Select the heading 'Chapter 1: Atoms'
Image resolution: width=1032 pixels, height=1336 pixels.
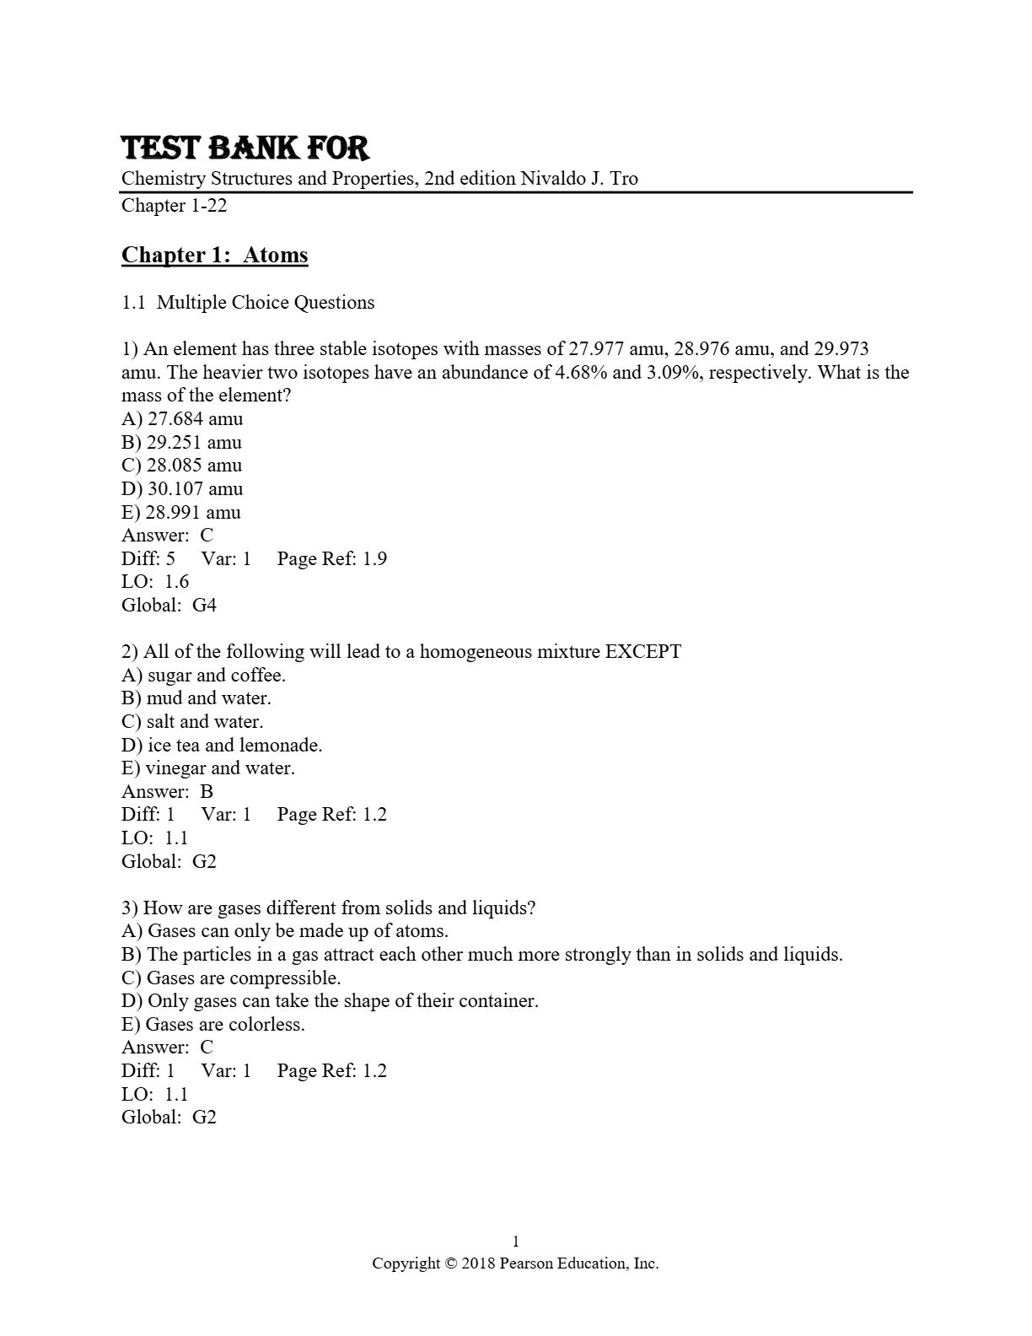[215, 255]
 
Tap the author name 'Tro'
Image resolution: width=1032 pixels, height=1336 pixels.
[625, 179]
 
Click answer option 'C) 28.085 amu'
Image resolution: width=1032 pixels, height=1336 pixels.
[181, 466]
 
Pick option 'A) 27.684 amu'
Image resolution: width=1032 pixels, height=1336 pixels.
[182, 419]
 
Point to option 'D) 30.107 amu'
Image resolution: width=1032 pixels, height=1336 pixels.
[182, 489]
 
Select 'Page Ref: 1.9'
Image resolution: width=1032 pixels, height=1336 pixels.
[331, 559]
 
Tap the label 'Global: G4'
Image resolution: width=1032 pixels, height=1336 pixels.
[169, 606]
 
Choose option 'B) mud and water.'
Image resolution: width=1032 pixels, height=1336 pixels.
[196, 698]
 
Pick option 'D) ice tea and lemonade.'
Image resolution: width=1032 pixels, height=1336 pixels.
[222, 746]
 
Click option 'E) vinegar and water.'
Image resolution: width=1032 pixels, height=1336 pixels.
[208, 768]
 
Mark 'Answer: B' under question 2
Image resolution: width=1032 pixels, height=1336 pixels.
[167, 792]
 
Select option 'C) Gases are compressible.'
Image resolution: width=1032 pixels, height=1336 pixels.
[231, 978]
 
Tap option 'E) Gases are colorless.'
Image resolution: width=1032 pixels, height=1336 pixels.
[213, 1025]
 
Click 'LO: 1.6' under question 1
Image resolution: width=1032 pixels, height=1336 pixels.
[155, 582]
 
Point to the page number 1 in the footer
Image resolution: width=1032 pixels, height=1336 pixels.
[516, 1242]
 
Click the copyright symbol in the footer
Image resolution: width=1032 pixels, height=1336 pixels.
[451, 1263]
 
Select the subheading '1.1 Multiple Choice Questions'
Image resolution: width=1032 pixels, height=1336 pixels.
[248, 303]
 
